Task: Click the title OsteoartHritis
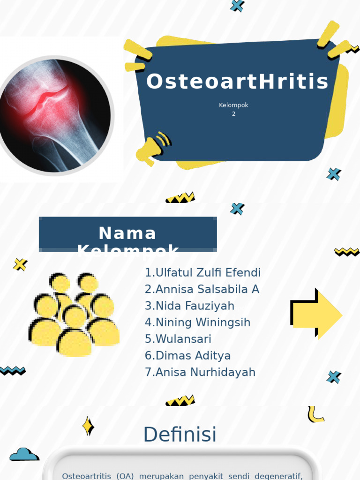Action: tap(237, 82)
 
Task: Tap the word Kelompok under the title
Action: tap(233, 105)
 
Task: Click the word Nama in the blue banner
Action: tap(127, 233)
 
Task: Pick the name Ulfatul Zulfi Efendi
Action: tap(202, 273)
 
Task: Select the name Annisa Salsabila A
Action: tap(202, 289)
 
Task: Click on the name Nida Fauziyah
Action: tap(189, 306)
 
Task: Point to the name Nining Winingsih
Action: tap(197, 322)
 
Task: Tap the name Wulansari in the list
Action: tap(178, 339)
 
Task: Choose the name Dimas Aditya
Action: tap(187, 356)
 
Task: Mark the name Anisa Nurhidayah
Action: tap(200, 372)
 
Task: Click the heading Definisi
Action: tap(180, 435)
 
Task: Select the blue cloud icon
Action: tap(24, 454)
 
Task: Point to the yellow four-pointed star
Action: tap(88, 426)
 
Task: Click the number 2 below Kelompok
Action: tap(233, 114)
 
